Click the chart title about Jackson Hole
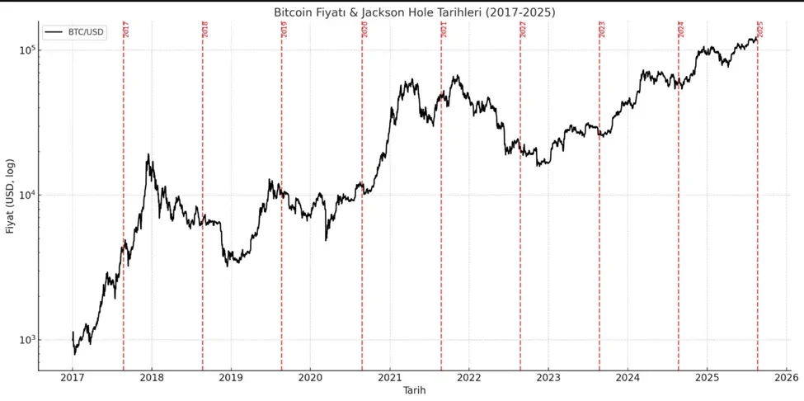point(414,12)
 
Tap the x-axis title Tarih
point(414,389)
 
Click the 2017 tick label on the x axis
point(73,378)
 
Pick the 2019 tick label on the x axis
point(231,378)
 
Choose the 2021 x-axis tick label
point(389,378)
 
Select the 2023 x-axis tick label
point(548,378)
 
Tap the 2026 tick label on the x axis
point(786,378)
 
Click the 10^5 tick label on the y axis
point(27,50)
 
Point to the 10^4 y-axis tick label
point(27,195)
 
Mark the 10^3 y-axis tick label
point(27,339)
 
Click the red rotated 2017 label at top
point(126,29)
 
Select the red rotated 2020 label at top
point(364,29)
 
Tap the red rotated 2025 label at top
point(760,29)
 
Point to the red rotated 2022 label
point(523,29)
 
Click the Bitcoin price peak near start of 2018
point(148,155)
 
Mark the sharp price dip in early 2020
point(327,239)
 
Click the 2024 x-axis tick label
point(628,378)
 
